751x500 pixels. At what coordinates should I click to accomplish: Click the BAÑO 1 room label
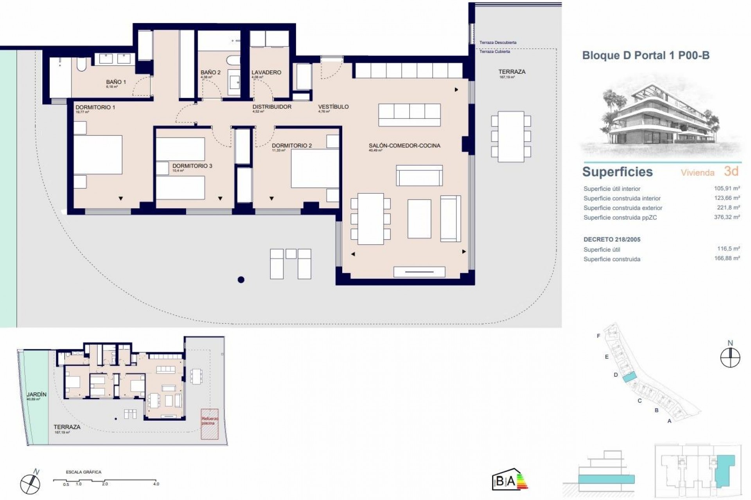(116, 82)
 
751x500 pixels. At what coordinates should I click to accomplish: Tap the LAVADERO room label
(266, 72)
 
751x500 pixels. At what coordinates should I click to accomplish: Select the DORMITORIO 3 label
(192, 166)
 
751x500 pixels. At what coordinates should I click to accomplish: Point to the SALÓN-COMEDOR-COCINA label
(404, 146)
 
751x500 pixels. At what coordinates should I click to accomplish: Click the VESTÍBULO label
(333, 107)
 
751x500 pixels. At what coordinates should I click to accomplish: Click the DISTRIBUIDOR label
(272, 107)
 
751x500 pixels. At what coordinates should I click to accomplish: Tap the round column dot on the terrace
(241, 279)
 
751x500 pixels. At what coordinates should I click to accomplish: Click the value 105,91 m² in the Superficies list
(727, 188)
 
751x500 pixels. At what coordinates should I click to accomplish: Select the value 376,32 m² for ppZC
(727, 217)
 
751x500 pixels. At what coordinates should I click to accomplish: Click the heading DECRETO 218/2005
(612, 239)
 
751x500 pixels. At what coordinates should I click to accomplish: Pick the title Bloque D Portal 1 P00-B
(646, 55)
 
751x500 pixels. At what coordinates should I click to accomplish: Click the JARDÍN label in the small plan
(36, 395)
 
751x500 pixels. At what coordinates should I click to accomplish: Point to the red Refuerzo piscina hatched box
(210, 424)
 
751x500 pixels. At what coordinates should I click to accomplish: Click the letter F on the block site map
(598, 336)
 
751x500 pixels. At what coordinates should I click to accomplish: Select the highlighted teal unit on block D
(629, 377)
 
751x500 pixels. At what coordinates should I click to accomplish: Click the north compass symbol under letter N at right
(730, 358)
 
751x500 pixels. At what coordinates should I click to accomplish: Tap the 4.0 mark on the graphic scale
(156, 484)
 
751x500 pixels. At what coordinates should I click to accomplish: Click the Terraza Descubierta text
(498, 43)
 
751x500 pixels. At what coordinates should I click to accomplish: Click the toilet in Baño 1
(81, 65)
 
